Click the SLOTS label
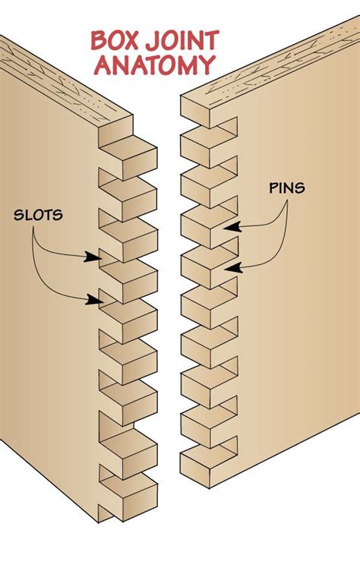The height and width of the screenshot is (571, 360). tap(38, 215)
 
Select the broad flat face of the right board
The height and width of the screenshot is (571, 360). tap(304, 342)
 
